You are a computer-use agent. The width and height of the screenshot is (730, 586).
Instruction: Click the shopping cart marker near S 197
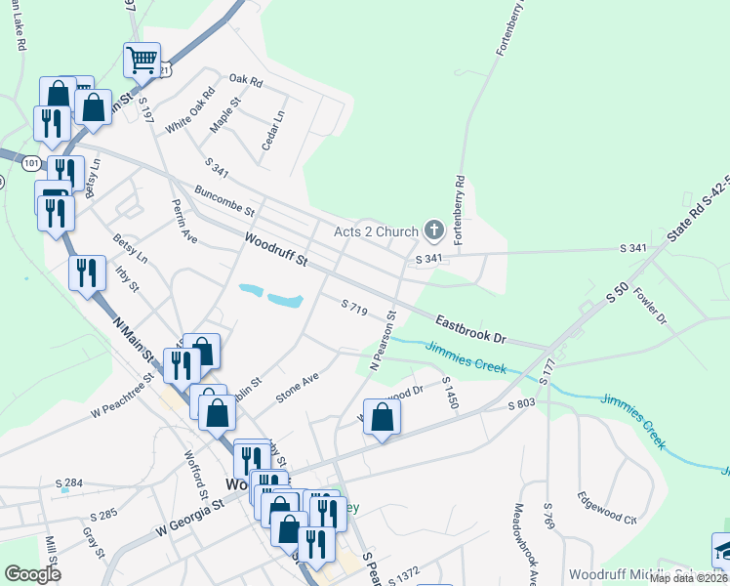pos(142,61)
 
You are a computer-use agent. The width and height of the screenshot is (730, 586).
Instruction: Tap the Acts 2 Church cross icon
pos(434,231)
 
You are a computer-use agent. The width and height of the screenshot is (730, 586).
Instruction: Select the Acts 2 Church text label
pos(376,231)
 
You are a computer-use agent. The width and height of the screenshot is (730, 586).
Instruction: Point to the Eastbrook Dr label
pos(470,328)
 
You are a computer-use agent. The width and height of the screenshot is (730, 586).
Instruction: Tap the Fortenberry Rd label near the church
pos(459,209)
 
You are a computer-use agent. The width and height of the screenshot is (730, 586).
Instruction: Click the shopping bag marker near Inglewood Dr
pos(383,418)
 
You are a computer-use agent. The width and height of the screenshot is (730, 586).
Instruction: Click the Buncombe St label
pos(223,202)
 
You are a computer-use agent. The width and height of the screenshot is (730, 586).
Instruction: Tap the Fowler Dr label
pos(649,306)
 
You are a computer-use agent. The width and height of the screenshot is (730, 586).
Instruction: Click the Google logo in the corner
pos(32,574)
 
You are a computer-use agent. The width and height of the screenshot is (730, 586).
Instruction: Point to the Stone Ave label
pos(298,386)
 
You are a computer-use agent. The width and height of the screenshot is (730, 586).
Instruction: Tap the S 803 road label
pos(522,403)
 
